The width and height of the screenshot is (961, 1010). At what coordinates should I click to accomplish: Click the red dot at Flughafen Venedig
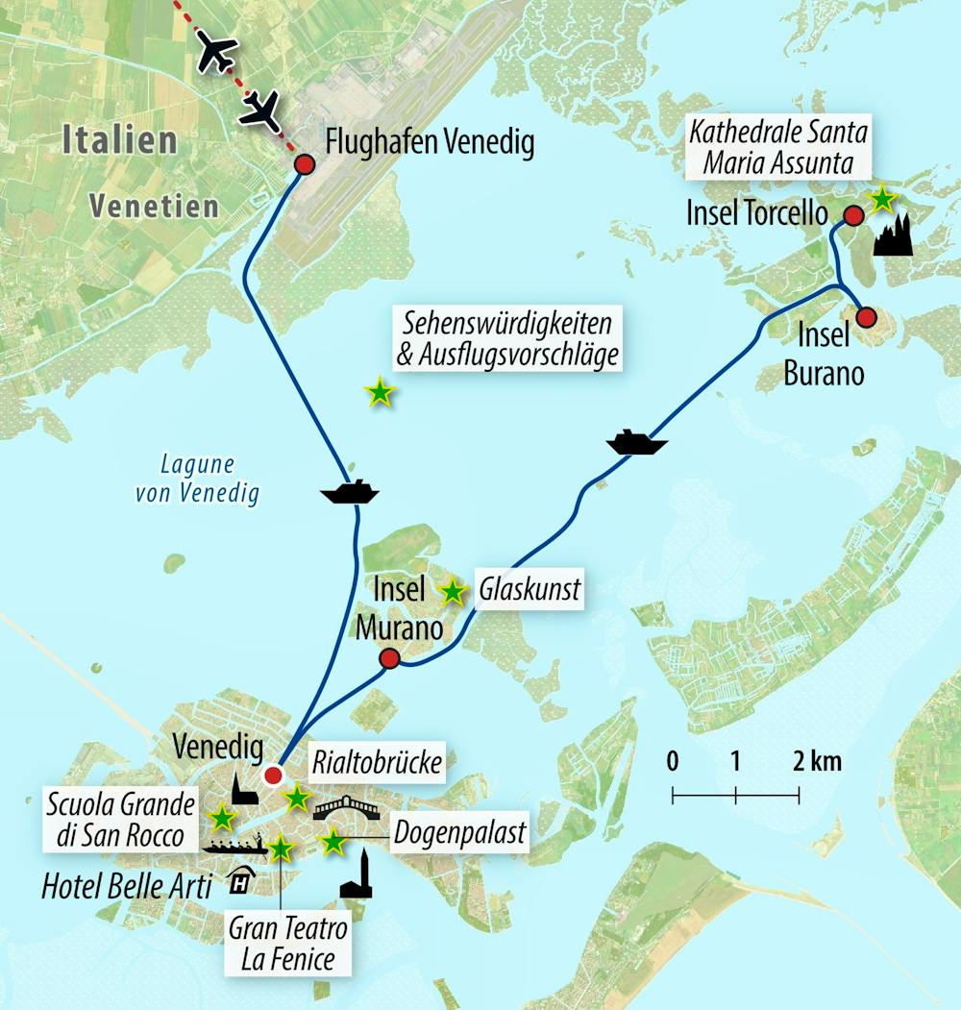(304, 165)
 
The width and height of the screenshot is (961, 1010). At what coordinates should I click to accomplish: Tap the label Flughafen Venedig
(430, 143)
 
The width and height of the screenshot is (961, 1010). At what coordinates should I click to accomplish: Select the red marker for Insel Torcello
(850, 214)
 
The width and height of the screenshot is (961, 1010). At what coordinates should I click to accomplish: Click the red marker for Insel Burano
(866, 317)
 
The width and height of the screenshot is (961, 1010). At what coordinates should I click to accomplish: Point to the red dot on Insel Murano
(389, 658)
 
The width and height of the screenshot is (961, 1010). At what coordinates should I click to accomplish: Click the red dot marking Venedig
(274, 776)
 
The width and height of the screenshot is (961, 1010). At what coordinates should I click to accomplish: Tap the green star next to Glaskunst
(451, 592)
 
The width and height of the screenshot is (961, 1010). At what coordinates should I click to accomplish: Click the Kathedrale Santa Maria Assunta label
(777, 146)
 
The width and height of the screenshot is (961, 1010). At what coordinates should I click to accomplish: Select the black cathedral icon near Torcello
(893, 234)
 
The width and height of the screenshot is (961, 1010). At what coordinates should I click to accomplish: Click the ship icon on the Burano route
(636, 443)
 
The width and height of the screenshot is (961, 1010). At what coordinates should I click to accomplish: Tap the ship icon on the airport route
(349, 492)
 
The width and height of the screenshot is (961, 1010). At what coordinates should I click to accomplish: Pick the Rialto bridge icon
(347, 806)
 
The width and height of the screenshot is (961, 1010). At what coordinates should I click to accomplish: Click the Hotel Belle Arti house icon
(237, 879)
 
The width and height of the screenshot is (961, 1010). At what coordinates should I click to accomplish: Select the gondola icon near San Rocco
(234, 848)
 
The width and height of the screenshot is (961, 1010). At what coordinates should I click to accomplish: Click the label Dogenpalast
(459, 832)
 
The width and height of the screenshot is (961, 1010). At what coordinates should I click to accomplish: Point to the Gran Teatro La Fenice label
(287, 944)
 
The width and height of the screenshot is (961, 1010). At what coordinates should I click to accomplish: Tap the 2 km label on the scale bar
(817, 762)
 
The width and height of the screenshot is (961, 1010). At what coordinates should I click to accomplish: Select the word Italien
(119, 140)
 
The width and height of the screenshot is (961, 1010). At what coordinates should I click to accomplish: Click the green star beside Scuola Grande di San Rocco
(222, 818)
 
